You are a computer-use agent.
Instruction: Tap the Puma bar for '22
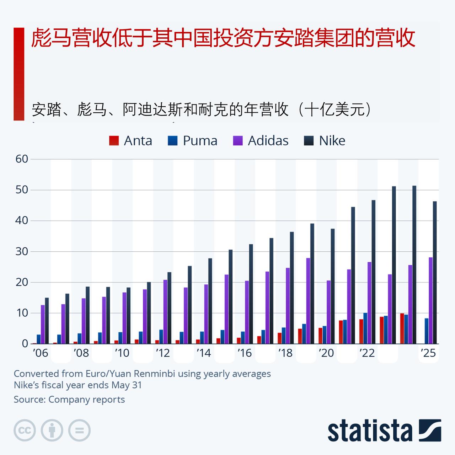point(365,328)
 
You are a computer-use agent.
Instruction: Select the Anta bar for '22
point(361,331)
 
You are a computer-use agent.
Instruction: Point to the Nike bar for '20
point(333,286)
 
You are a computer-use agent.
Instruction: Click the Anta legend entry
point(130,141)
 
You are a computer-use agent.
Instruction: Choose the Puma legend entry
point(192,141)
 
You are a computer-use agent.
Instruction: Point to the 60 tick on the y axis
point(22,159)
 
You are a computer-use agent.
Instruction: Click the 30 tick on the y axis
point(22,251)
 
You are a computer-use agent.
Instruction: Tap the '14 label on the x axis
point(204,353)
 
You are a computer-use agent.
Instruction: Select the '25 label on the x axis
point(428,353)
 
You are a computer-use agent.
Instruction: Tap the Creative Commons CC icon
point(25,430)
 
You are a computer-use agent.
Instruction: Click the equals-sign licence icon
point(79,430)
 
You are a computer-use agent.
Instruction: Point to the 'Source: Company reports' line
point(69,400)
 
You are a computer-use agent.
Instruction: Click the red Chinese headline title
point(223,38)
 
